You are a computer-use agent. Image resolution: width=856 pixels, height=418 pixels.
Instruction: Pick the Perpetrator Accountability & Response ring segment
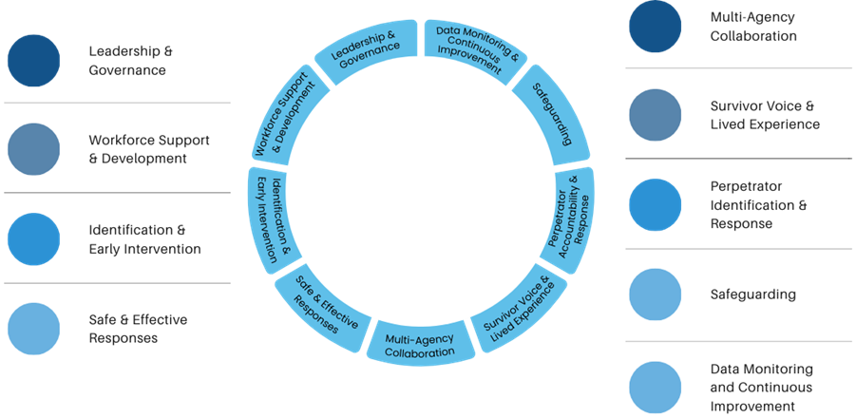click(x=571, y=218)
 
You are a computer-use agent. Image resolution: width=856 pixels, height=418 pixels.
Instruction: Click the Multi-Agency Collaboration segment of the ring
click(x=419, y=344)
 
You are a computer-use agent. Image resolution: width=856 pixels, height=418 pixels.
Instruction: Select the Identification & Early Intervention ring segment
click(x=273, y=218)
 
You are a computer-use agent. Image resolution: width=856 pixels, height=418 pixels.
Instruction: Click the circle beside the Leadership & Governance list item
click(x=34, y=60)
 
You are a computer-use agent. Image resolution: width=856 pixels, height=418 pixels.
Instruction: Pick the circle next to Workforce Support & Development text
click(x=34, y=149)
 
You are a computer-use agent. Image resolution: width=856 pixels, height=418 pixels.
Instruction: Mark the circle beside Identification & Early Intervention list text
click(x=34, y=239)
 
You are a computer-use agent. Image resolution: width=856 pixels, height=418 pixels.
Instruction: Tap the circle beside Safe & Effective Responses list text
click(x=34, y=329)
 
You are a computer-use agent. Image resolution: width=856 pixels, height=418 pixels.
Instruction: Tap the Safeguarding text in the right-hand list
click(x=752, y=294)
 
